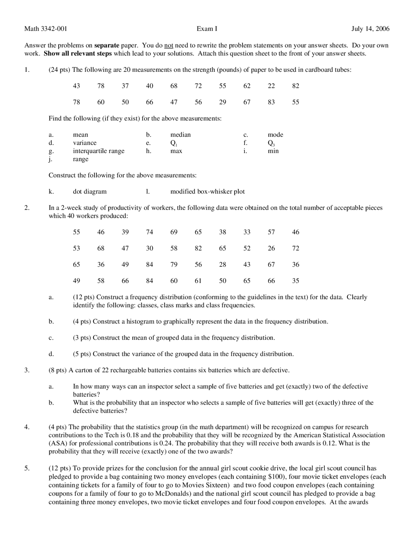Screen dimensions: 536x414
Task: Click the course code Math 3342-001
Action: pos(46,29)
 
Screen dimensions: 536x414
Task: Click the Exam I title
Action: pos(207,29)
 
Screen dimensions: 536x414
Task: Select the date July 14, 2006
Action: pos(370,29)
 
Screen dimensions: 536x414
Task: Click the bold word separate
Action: pos(107,45)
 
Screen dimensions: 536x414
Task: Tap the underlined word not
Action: pos(169,45)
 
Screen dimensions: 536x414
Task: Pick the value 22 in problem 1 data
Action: pos(271,86)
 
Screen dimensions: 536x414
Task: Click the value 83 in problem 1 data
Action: pos(271,102)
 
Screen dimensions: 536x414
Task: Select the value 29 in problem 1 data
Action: pos(223,102)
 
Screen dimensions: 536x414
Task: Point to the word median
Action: pos(180,135)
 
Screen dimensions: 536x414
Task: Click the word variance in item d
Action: pos(85,143)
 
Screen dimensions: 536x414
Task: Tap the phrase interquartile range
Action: pos(99,151)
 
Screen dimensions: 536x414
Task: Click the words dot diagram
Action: pos(90,191)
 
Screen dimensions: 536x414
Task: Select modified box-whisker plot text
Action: pos(207,191)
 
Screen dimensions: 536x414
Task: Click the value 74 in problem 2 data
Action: pos(149,232)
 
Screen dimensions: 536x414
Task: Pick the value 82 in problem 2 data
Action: pos(198,248)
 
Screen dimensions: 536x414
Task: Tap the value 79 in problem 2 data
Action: pos(174,264)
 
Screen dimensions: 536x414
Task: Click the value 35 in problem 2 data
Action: pos(296,281)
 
